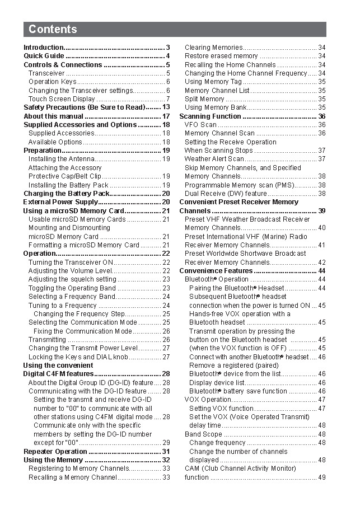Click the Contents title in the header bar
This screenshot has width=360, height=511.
(53, 29)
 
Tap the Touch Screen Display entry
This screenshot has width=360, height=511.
(62, 99)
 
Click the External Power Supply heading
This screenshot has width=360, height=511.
(60, 202)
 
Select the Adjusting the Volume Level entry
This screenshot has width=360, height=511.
(70, 271)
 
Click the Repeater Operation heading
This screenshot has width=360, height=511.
(55, 452)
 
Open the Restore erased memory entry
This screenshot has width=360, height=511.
(221, 56)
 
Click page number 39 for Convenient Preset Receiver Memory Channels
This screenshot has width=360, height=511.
(321, 211)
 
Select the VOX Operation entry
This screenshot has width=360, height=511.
(208, 400)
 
